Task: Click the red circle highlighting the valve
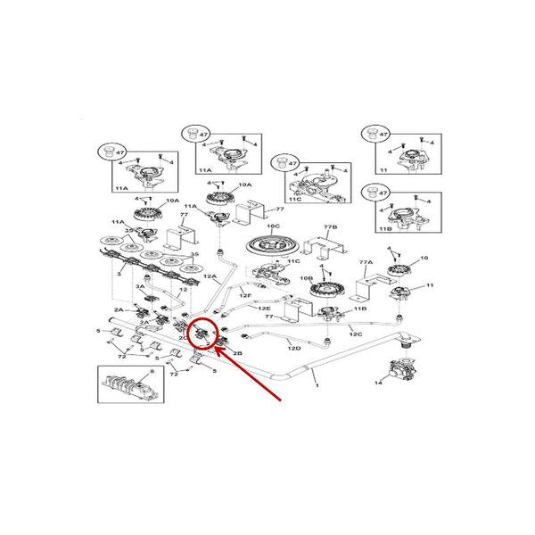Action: tap(204, 333)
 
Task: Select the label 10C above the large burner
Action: tap(272, 227)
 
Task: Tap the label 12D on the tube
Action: tap(293, 348)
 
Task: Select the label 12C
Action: tap(354, 334)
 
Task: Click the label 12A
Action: tap(210, 277)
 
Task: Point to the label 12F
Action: tap(244, 294)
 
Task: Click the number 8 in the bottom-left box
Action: tap(152, 371)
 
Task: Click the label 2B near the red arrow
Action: tap(237, 354)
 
